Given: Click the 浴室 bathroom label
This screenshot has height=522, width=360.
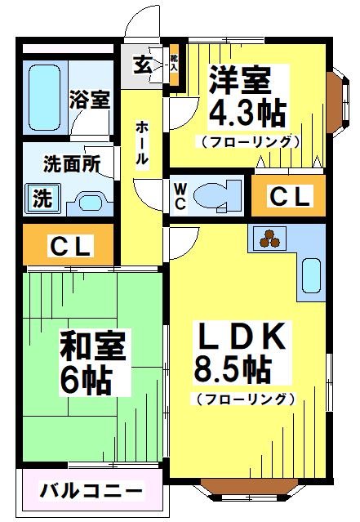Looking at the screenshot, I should coord(90,100).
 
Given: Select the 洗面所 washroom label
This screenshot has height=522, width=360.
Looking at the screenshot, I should coord(72,163).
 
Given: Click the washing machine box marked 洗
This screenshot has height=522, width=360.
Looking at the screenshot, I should coord(42,197).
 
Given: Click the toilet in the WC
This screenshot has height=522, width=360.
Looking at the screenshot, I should coord(216,195).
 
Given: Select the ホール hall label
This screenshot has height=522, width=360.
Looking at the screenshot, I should coord(142,143).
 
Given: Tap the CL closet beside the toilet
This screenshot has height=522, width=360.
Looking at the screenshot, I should coord(289,197).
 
